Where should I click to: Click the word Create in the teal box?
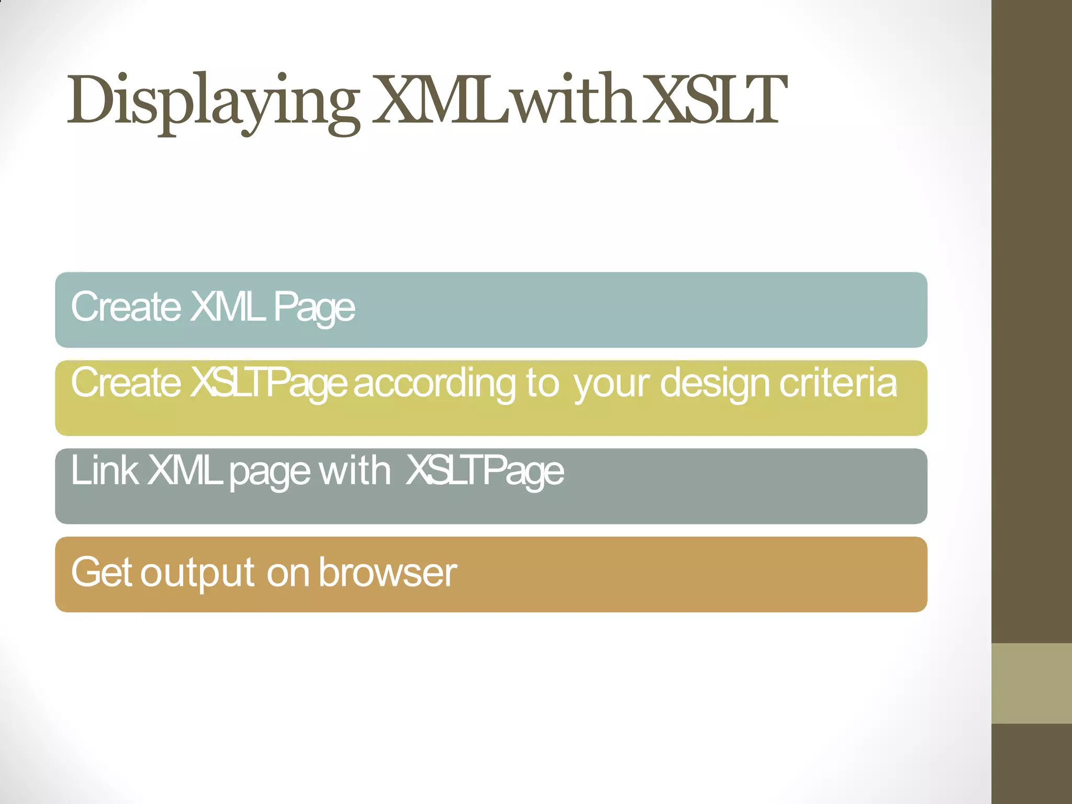pos(126,307)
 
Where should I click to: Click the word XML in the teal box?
pos(227,307)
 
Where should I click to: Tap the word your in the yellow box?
pos(611,385)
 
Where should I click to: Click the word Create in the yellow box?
pos(126,383)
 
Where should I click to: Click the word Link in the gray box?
pos(104,470)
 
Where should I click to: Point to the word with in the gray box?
pos(354,470)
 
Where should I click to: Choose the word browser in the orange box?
pos(388,572)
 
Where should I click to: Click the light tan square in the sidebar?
pos(1032,684)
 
